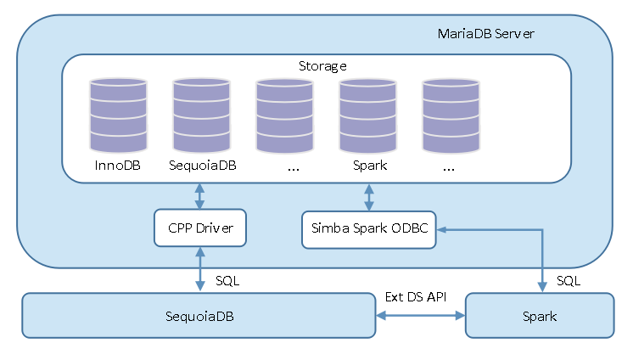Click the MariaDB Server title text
(x=485, y=34)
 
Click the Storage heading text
(x=322, y=65)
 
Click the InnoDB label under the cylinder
(x=117, y=165)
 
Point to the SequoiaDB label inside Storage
(x=202, y=165)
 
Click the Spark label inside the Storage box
(x=369, y=165)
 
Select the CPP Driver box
(x=200, y=228)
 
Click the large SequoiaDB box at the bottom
(x=199, y=315)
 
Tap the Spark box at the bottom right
(x=540, y=315)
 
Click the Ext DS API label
(x=416, y=296)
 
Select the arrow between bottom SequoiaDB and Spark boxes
(x=421, y=315)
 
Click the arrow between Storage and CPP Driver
(x=200, y=196)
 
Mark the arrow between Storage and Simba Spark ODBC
(x=369, y=196)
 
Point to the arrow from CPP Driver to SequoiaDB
(x=200, y=270)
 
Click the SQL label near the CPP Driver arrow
(x=228, y=280)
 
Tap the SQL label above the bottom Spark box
(x=569, y=280)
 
